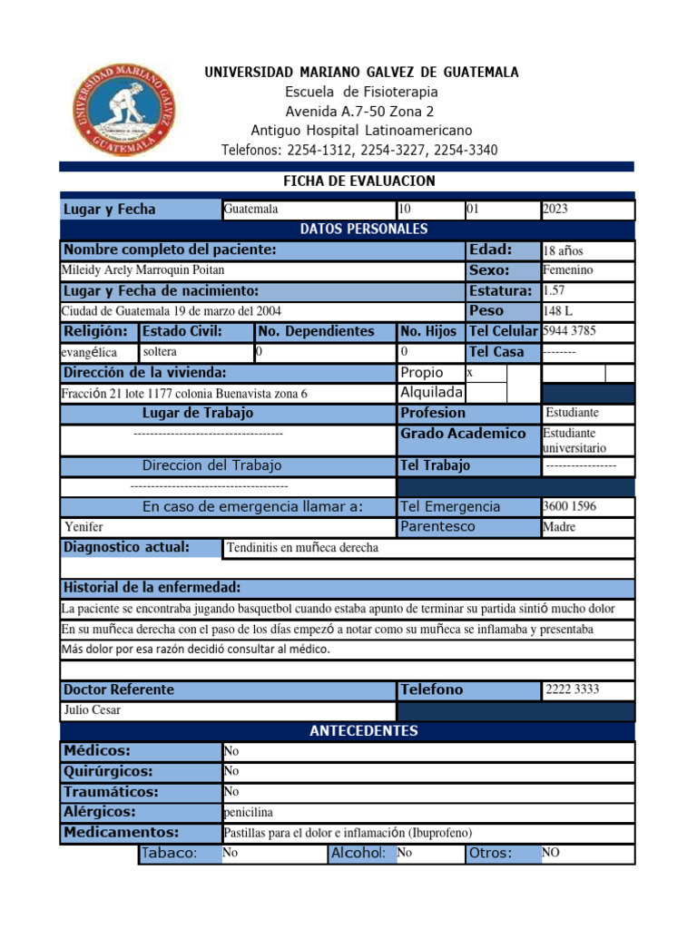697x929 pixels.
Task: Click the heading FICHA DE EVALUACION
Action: [x=359, y=181]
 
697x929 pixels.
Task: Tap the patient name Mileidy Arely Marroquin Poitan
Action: [x=142, y=270]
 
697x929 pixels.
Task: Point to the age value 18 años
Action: [x=563, y=250]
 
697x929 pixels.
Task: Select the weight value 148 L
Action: [x=557, y=311]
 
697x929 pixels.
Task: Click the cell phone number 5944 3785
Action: [x=569, y=331]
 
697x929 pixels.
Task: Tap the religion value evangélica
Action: [x=88, y=352]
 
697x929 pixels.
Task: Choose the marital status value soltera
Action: [x=160, y=351]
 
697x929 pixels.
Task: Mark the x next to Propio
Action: [x=470, y=373]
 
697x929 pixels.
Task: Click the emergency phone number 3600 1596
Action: [x=569, y=506]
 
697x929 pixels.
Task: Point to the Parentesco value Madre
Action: [x=559, y=527]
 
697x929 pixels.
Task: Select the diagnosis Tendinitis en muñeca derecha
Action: [x=302, y=548]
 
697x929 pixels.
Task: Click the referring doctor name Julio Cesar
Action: [x=91, y=710]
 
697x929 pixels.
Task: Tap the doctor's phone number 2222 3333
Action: [x=573, y=689]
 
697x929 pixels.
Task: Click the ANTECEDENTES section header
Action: [x=363, y=731]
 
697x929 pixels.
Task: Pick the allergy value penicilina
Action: [x=248, y=812]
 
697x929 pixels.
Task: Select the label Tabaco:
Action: [x=168, y=853]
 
